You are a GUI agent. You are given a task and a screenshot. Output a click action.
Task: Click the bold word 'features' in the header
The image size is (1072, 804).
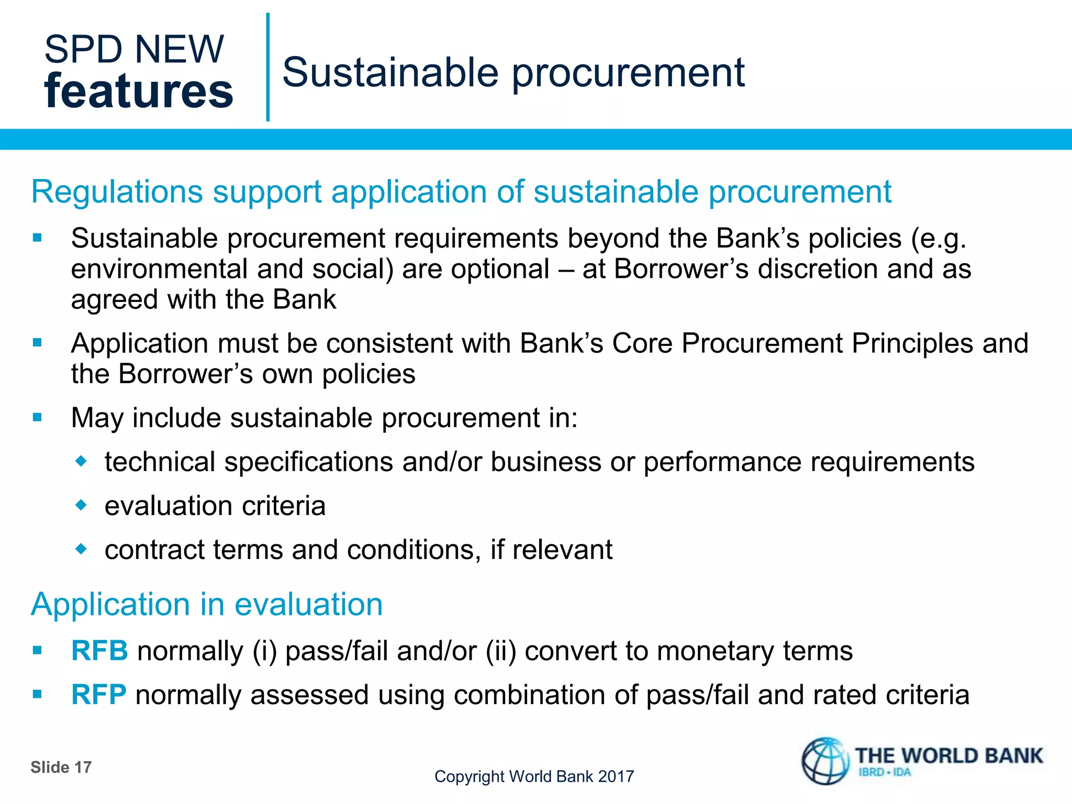click(139, 91)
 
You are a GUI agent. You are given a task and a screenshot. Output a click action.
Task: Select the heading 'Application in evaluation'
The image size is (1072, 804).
click(207, 604)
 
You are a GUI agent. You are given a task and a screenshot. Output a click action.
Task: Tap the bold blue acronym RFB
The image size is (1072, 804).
click(99, 651)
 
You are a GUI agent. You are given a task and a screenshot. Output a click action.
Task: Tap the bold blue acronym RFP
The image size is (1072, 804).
click(98, 695)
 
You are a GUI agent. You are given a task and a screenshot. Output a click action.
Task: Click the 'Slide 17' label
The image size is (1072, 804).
click(61, 767)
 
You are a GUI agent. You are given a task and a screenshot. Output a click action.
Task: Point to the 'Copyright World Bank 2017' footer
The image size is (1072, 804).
click(534, 776)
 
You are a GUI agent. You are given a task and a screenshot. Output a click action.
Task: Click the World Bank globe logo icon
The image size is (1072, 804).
click(825, 762)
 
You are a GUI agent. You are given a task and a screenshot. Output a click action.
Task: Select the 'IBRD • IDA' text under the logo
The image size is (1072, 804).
click(885, 773)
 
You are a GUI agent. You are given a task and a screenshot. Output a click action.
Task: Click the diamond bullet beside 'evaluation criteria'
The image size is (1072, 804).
click(81, 505)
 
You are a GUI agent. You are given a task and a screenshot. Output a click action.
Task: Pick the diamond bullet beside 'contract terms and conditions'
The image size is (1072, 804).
click(81, 549)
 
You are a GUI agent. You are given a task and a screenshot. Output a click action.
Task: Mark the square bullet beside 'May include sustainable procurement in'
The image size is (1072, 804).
click(37, 418)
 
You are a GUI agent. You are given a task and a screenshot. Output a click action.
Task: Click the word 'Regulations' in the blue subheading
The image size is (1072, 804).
click(117, 192)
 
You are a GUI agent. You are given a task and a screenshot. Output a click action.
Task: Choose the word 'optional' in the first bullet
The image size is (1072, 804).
click(500, 269)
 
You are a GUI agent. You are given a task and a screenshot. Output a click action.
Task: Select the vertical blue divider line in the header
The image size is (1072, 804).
click(268, 67)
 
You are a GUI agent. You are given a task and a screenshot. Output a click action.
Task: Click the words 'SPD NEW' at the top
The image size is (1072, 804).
click(134, 49)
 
